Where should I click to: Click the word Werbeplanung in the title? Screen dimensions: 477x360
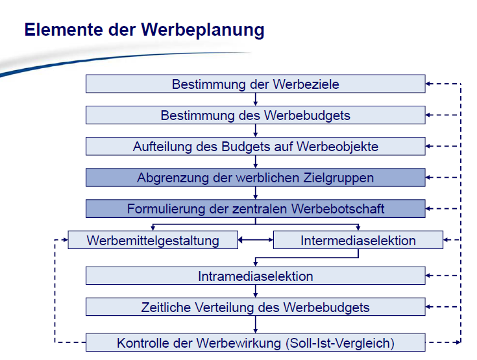(202, 30)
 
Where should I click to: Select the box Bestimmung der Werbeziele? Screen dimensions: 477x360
(256, 84)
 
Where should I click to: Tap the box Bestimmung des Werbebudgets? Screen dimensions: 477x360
(256, 115)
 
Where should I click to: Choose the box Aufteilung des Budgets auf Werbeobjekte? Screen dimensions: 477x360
(256, 146)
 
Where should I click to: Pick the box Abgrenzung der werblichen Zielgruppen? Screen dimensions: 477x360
(256, 177)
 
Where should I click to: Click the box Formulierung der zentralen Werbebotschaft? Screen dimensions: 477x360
(256, 209)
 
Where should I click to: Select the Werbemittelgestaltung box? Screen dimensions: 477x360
(153, 240)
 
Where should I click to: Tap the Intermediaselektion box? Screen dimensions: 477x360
(358, 240)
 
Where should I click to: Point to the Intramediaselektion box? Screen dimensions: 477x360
(256, 276)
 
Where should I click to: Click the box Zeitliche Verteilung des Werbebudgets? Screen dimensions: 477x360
(256, 307)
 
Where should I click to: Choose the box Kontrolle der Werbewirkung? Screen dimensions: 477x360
(256, 342)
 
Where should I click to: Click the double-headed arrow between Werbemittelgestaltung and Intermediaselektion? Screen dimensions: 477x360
(256, 240)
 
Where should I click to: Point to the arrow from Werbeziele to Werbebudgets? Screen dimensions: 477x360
(256, 99)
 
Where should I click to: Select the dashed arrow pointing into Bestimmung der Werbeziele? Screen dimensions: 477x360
(443, 84)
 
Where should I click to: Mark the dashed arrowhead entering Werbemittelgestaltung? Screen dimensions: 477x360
(65, 240)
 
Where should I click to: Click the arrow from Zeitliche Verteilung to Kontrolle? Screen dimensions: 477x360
(256, 325)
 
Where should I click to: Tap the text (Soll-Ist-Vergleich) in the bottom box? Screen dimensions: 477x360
(340, 343)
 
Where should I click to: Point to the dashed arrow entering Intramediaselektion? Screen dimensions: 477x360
(443, 276)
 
